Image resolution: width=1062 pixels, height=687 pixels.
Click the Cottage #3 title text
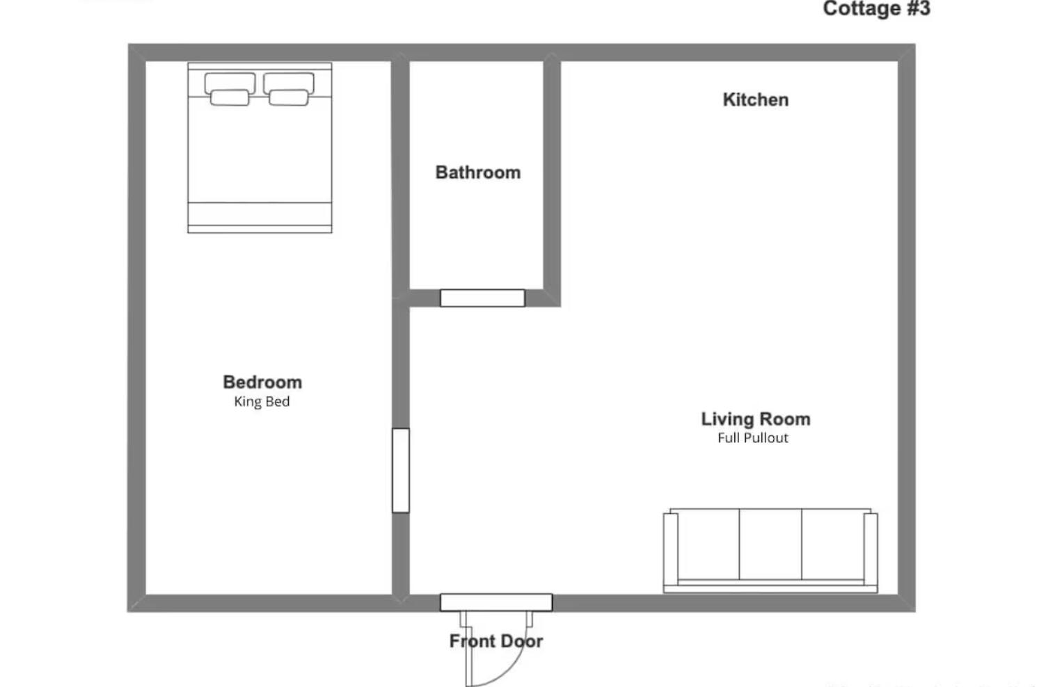pos(876,9)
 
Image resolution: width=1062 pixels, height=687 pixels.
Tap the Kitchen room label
pos(755,100)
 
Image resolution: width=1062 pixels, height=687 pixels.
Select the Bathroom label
pos(477,172)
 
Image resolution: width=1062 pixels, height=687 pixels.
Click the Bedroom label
pos(262,382)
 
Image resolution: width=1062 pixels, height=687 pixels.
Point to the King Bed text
pos(262,402)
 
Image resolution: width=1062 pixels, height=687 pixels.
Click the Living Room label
pos(755,419)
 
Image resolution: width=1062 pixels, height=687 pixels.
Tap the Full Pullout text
pos(753,438)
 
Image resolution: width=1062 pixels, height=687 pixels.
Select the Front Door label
pos(496,641)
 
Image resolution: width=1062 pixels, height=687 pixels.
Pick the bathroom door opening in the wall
pos(482,298)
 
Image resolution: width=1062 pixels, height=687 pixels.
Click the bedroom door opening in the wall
pos(400,471)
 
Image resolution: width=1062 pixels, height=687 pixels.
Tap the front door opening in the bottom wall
pos(496,602)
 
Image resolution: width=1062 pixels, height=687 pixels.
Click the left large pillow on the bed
pos(230,83)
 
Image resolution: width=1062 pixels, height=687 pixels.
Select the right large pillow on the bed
pos(288,83)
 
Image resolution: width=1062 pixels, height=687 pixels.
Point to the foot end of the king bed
pos(260,217)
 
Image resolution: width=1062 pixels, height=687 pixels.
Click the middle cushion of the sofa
pos(770,544)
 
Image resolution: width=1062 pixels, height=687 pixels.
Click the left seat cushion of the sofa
pos(708,544)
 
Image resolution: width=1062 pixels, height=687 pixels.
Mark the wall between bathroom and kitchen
pos(552,174)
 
